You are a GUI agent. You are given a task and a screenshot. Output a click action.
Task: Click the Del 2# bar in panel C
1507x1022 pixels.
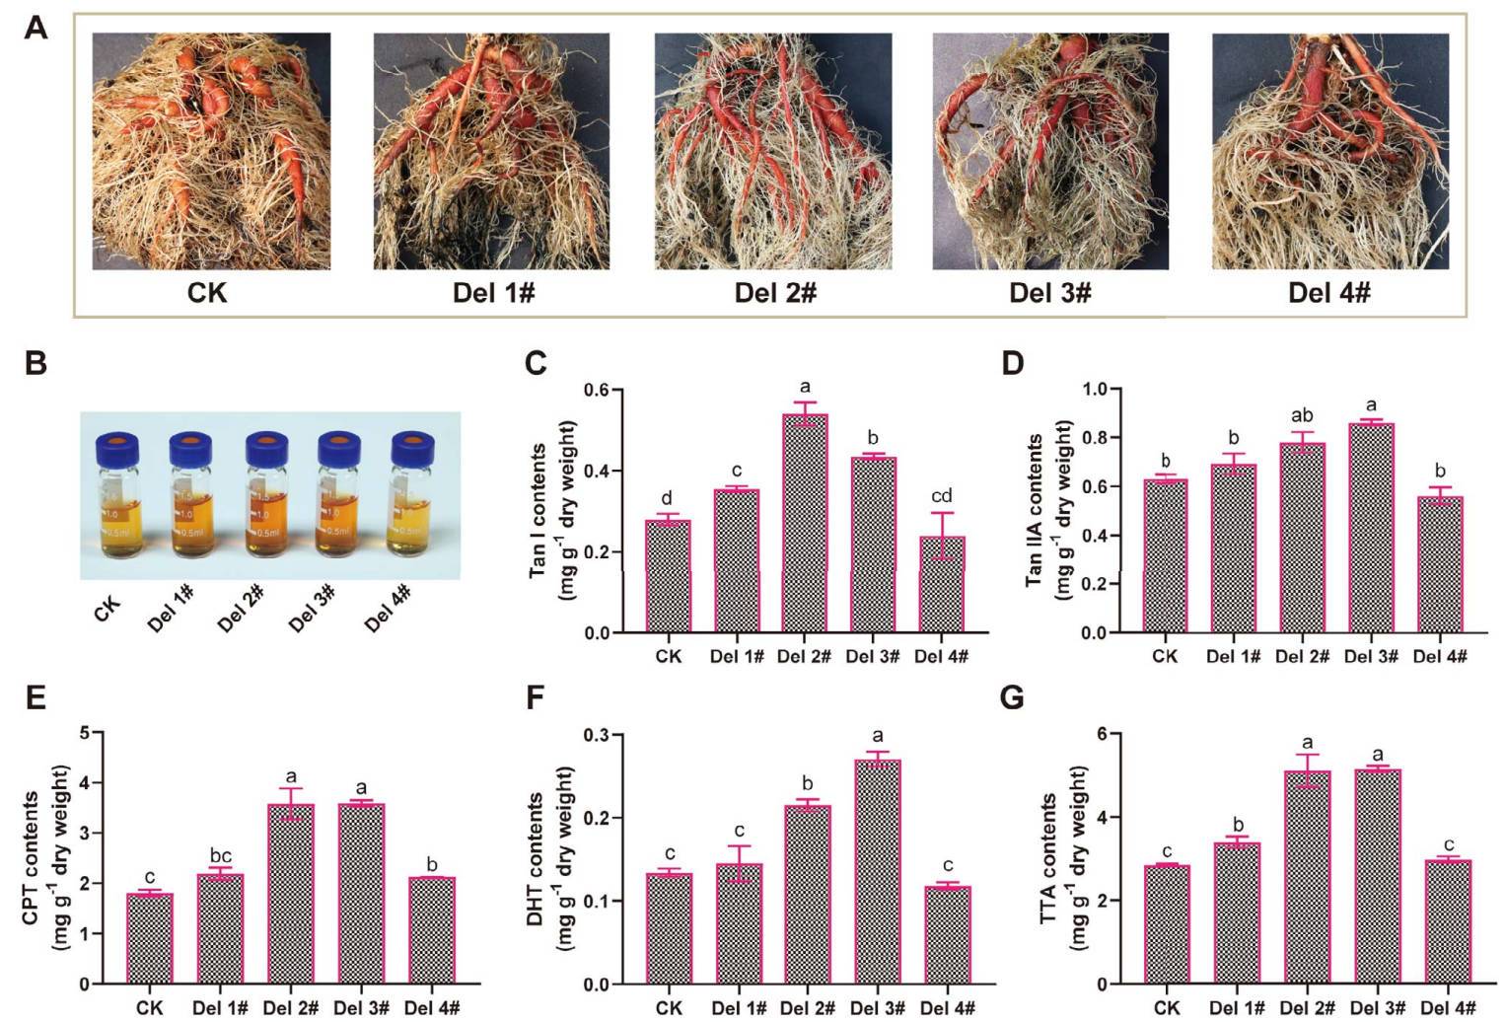tap(804, 523)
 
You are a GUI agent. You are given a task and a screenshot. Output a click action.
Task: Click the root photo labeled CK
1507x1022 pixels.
tap(211, 151)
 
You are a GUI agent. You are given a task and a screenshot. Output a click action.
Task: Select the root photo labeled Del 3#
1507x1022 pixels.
tap(1050, 151)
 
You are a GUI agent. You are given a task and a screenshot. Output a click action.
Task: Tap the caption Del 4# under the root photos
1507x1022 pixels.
tap(1329, 293)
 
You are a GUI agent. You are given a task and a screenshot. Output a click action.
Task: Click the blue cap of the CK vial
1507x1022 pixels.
tap(117, 448)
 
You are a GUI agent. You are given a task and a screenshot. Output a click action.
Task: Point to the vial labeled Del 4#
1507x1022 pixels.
tap(412, 503)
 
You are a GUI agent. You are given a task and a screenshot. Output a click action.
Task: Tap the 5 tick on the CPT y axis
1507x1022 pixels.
tap(86, 733)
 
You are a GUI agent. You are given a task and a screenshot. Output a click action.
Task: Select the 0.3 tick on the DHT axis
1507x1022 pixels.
tap(595, 735)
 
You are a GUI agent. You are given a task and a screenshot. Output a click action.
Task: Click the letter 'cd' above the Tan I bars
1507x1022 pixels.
tap(941, 496)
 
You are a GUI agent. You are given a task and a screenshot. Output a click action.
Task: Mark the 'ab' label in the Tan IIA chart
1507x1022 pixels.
tap(1303, 416)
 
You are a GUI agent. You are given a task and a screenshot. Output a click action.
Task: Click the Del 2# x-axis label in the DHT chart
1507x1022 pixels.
tap(807, 1007)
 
